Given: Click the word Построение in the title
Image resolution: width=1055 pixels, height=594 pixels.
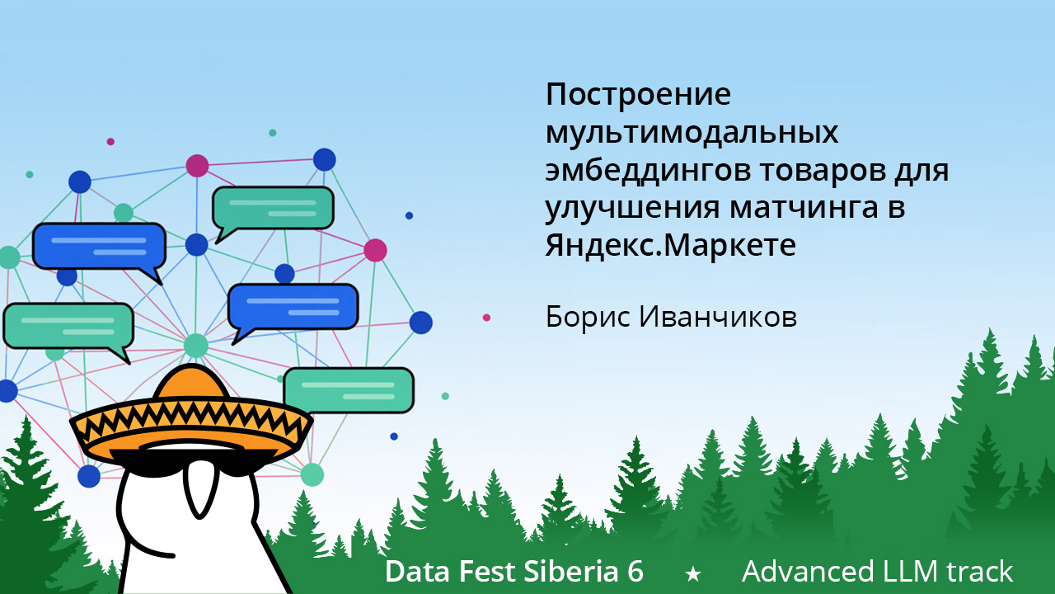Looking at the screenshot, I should tap(638, 95).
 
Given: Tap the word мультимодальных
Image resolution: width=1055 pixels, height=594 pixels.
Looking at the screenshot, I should tap(692, 134).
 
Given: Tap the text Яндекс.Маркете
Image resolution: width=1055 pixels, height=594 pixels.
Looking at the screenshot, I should tap(670, 246).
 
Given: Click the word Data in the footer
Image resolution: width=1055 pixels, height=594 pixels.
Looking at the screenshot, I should tap(414, 572).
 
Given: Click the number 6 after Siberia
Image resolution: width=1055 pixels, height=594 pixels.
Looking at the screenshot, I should tap(635, 572).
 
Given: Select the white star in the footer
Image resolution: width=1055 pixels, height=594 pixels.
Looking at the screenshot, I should tap(693, 573).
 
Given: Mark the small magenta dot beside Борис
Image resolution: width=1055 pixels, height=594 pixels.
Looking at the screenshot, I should tap(486, 318).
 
